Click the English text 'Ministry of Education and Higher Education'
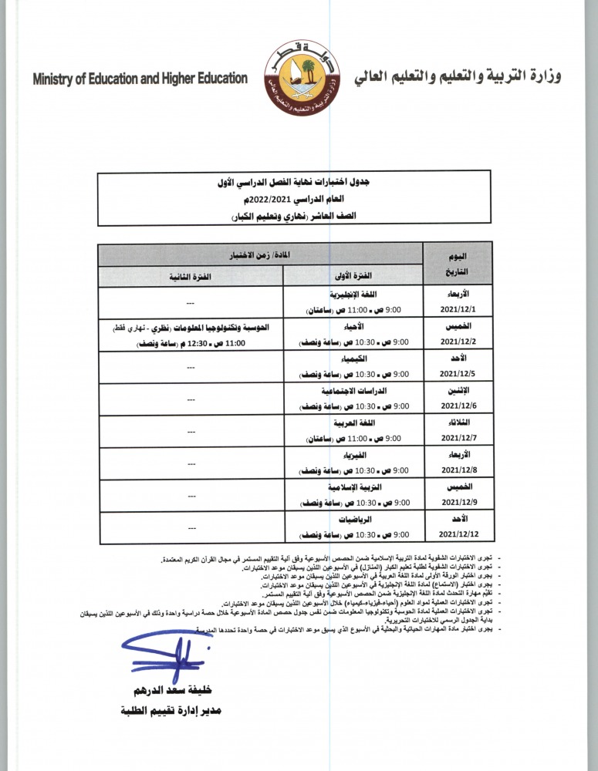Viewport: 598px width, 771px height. click(140, 79)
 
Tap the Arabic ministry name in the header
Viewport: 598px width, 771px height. click(458, 77)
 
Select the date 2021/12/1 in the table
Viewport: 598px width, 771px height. click(459, 308)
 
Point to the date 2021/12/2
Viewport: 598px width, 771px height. click(459, 341)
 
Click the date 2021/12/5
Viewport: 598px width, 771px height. click(459, 373)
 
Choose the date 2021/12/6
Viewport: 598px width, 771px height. click(459, 406)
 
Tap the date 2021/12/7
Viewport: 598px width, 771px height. click(459, 438)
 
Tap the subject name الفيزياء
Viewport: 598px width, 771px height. click(352, 456)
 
